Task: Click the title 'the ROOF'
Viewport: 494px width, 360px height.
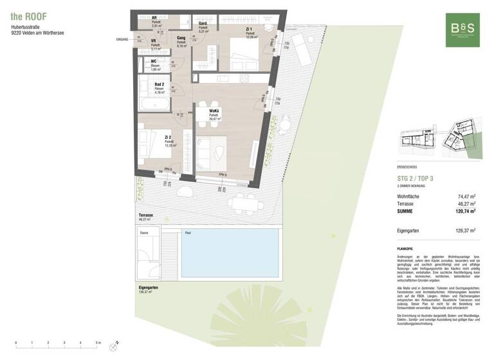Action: pyautogui.click(x=28, y=15)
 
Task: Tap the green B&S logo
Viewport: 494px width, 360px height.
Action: pyautogui.click(x=462, y=30)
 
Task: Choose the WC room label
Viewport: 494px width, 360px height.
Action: pyautogui.click(x=154, y=62)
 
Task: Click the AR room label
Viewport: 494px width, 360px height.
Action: pyautogui.click(x=155, y=19)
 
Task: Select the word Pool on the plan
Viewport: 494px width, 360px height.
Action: pyautogui.click(x=188, y=233)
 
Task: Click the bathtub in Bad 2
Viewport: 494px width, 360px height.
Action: pyautogui.click(x=154, y=104)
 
